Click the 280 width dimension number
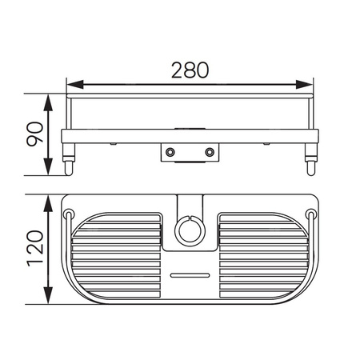pos(190,70)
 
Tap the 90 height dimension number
pos(35,134)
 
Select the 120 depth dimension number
pos(35,249)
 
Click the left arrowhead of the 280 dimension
pos(75,85)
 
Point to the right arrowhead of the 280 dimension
pos(304,85)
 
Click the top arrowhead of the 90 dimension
pos(48,102)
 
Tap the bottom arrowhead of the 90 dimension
pos(48,166)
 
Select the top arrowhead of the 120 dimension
pos(48,204)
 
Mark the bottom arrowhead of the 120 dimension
pos(48,295)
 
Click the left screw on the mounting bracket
pos(170,152)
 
